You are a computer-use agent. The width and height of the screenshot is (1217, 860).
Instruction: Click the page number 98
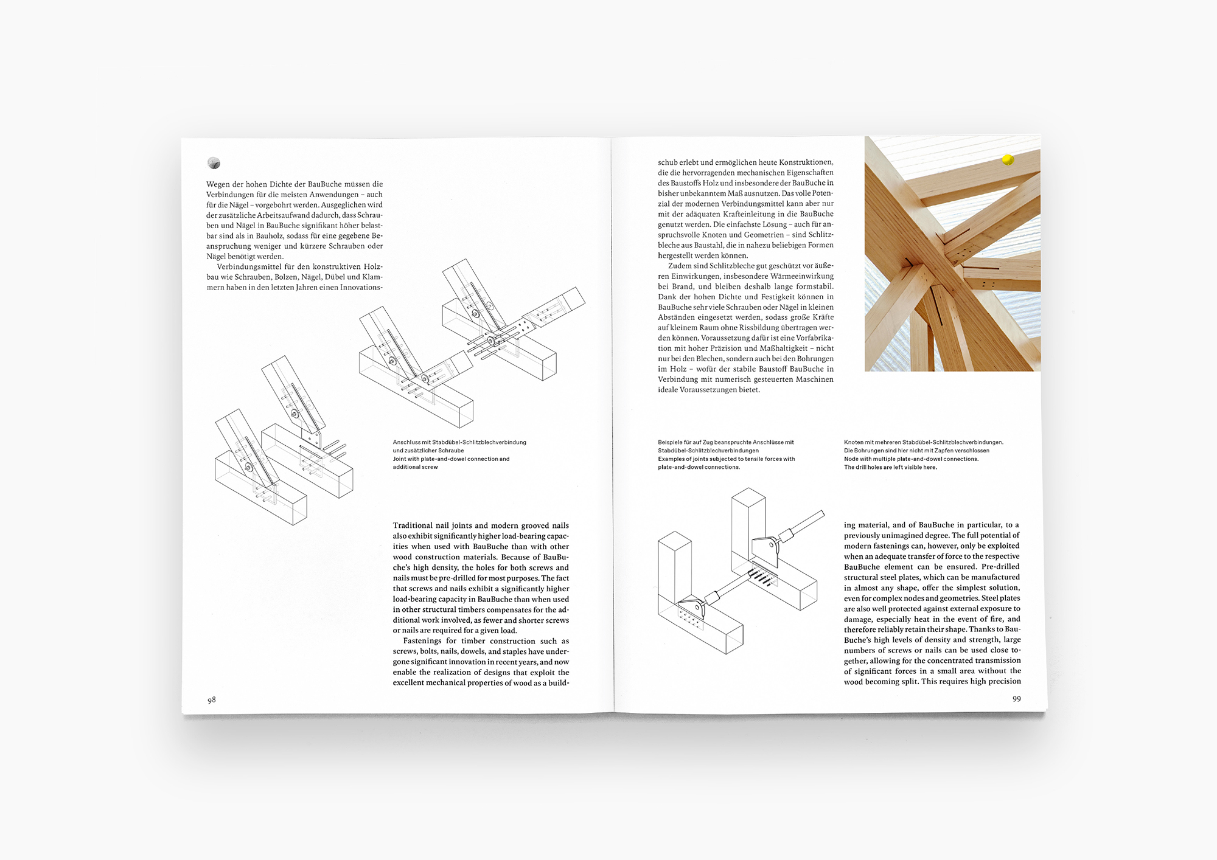(x=212, y=700)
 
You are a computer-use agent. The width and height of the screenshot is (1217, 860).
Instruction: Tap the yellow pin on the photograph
(x=1008, y=160)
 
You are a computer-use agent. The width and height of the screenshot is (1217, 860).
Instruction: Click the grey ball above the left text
(x=214, y=162)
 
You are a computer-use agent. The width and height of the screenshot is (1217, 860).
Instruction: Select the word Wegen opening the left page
(x=218, y=184)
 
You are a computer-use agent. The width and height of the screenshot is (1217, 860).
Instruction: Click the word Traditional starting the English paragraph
(x=413, y=525)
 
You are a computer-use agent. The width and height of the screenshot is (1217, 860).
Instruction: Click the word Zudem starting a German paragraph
(x=680, y=266)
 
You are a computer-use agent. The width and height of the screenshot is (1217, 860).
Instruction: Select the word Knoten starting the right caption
(x=854, y=442)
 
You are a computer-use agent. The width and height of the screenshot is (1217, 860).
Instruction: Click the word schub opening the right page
(x=668, y=162)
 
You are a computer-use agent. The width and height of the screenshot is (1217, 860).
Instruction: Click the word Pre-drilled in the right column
(x=1000, y=567)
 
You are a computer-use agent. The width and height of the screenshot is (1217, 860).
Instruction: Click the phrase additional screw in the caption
(x=415, y=467)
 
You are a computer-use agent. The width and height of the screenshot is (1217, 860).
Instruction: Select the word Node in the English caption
(x=851, y=459)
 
